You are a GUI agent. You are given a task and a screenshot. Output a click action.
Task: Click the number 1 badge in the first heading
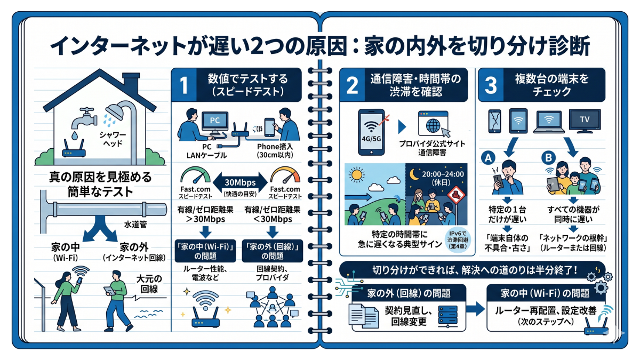[183, 85]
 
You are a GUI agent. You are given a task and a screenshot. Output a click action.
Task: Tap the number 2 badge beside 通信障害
[352, 85]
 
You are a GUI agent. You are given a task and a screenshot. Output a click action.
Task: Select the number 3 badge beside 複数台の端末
[491, 85]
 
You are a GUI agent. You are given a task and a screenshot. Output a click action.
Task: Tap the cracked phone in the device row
[494, 121]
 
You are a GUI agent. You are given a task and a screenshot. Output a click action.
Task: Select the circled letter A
[488, 158]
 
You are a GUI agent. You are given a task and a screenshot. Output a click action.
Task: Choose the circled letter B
[549, 158]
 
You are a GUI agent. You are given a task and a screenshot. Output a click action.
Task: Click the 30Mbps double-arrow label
[240, 182]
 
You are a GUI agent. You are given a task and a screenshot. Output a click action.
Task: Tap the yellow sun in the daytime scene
[357, 174]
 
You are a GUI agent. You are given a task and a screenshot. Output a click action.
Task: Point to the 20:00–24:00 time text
[443, 174]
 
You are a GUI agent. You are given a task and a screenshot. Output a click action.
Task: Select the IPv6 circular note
[458, 239]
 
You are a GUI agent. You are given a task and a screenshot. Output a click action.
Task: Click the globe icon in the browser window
[433, 126]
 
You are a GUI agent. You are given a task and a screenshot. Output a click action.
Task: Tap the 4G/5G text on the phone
[371, 139]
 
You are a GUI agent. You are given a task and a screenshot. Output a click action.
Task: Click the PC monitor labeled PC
[215, 121]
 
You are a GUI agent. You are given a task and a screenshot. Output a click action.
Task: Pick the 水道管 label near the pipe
[135, 225]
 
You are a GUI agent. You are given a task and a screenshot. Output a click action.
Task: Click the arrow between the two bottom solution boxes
[475, 309]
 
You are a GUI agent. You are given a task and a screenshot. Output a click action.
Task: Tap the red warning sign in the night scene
[455, 196]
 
